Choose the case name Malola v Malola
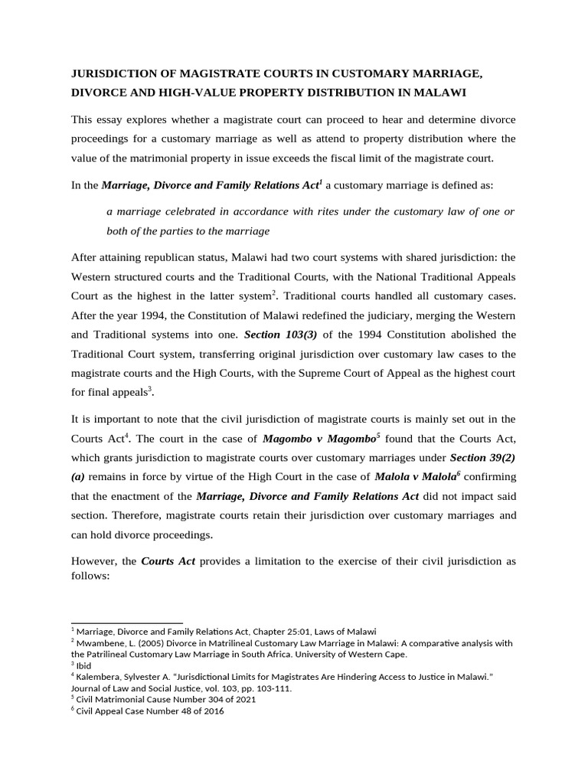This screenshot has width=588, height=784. click(x=415, y=476)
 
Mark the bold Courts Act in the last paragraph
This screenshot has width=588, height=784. click(x=168, y=561)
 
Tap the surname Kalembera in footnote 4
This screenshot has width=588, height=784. click(x=101, y=677)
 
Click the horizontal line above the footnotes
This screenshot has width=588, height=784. click(x=126, y=622)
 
